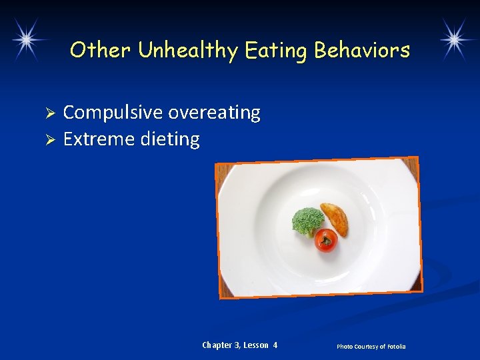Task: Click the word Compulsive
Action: [x=113, y=113]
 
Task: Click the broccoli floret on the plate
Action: [x=307, y=221]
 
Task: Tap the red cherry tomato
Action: [x=326, y=240]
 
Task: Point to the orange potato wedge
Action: [x=334, y=219]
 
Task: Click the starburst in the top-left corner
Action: [x=25, y=38]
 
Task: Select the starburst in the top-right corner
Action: [x=455, y=38]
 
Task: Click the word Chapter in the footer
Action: [x=217, y=345]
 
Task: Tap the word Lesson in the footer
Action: [x=256, y=345]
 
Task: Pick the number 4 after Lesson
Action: [x=275, y=345]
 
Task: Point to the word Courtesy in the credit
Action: [x=365, y=347]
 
